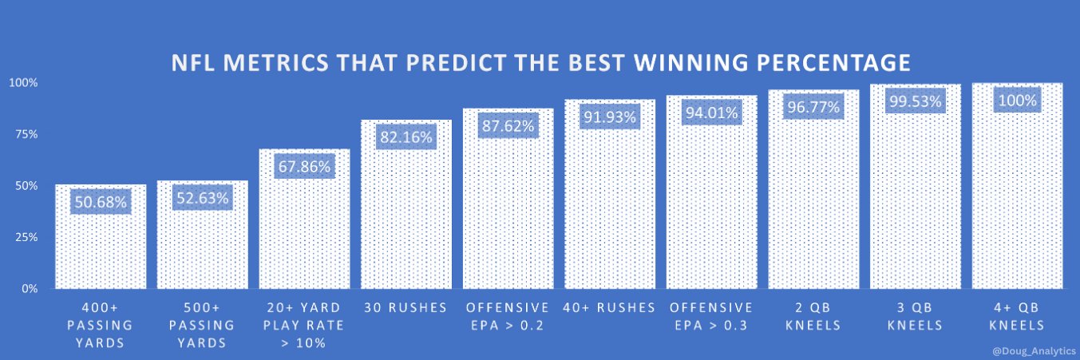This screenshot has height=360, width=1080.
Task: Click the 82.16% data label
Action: tap(406, 137)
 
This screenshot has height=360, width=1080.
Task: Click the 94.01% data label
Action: tap(712, 113)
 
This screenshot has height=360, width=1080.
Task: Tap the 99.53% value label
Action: tap(916, 102)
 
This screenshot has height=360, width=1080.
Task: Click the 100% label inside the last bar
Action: tap(1017, 101)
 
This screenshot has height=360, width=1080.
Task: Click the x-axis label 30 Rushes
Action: tap(406, 308)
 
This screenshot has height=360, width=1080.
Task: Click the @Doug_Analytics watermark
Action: tap(1034, 350)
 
